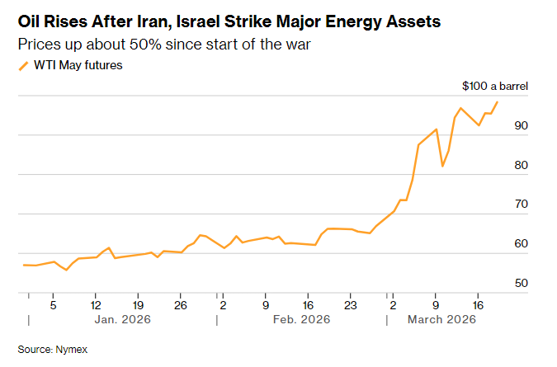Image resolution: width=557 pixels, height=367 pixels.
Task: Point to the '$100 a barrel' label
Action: coord(495,86)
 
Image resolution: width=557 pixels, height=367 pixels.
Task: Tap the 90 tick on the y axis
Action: coord(520,125)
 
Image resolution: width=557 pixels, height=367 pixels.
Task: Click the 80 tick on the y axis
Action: coord(520,165)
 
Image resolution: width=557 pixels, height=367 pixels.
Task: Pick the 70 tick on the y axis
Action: coord(520,204)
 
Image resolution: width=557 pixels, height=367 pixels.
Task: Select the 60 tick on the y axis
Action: coord(520,243)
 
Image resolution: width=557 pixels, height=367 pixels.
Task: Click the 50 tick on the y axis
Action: coord(520,283)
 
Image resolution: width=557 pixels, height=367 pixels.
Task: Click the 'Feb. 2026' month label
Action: coord(302,319)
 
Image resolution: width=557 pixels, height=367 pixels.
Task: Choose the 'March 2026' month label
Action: coord(441,319)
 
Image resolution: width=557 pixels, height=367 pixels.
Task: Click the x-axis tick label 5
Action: coord(53,303)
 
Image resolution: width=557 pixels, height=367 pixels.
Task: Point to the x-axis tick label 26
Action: coord(181,303)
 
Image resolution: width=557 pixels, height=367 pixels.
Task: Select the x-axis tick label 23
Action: coord(350,303)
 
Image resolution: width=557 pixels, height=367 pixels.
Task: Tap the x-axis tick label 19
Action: coord(139,303)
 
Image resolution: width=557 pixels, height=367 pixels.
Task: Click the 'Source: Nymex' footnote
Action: coord(52,350)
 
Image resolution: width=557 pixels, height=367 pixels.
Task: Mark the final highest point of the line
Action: coord(497,102)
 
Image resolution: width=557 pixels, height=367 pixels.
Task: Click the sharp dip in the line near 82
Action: coord(442,166)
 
